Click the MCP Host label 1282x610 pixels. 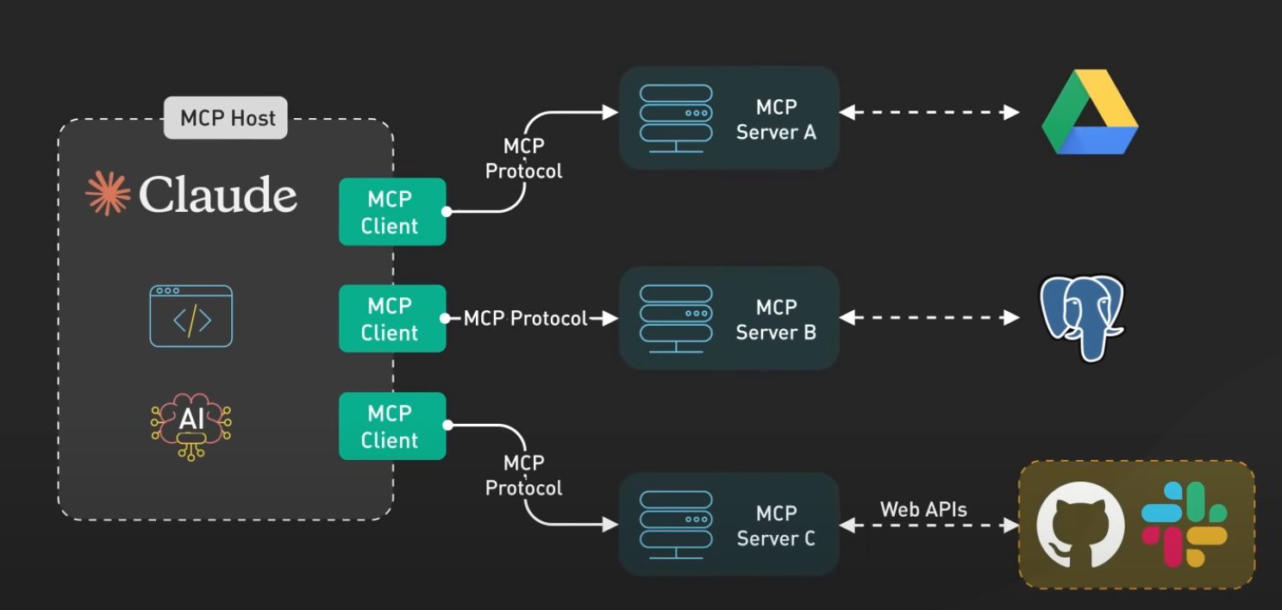pos(227,117)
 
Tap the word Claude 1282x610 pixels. pos(217,195)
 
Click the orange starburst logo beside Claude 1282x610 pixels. pos(108,193)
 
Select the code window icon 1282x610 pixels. pos(191,316)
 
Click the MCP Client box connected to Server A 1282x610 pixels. pos(392,212)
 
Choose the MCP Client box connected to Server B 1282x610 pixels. pos(392,319)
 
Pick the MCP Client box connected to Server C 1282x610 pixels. pos(392,426)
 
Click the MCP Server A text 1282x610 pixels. pos(776,120)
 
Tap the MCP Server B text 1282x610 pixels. pos(776,320)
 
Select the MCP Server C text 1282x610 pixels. pos(776,526)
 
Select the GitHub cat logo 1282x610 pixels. pos(1080,525)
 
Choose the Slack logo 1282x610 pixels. pos(1185,524)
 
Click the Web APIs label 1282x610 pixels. pos(923,509)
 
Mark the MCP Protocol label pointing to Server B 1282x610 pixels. pos(525,319)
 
